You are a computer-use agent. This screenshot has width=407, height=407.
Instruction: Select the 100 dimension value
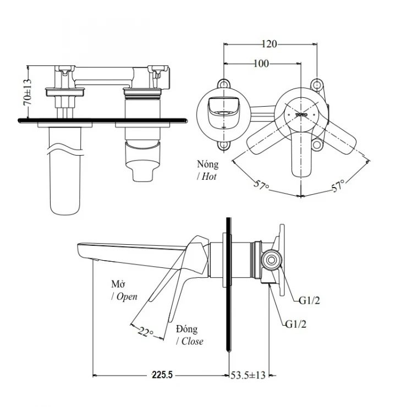pyautogui.click(x=261, y=64)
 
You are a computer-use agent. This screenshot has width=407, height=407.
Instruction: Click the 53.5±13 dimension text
pyautogui.click(x=247, y=375)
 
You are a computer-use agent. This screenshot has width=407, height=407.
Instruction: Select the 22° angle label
pyautogui.click(x=146, y=331)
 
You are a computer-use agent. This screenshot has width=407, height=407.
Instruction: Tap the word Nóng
pyautogui.click(x=207, y=164)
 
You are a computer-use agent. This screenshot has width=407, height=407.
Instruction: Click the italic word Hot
pyautogui.click(x=208, y=177)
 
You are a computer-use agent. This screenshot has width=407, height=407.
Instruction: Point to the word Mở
pyautogui.click(x=118, y=284)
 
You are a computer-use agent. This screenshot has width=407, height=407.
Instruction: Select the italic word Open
pyautogui.click(x=126, y=296)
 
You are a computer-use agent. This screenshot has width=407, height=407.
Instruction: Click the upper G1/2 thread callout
pyautogui.click(x=310, y=301)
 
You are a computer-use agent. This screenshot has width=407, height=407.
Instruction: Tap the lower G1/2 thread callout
pyautogui.click(x=296, y=323)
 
